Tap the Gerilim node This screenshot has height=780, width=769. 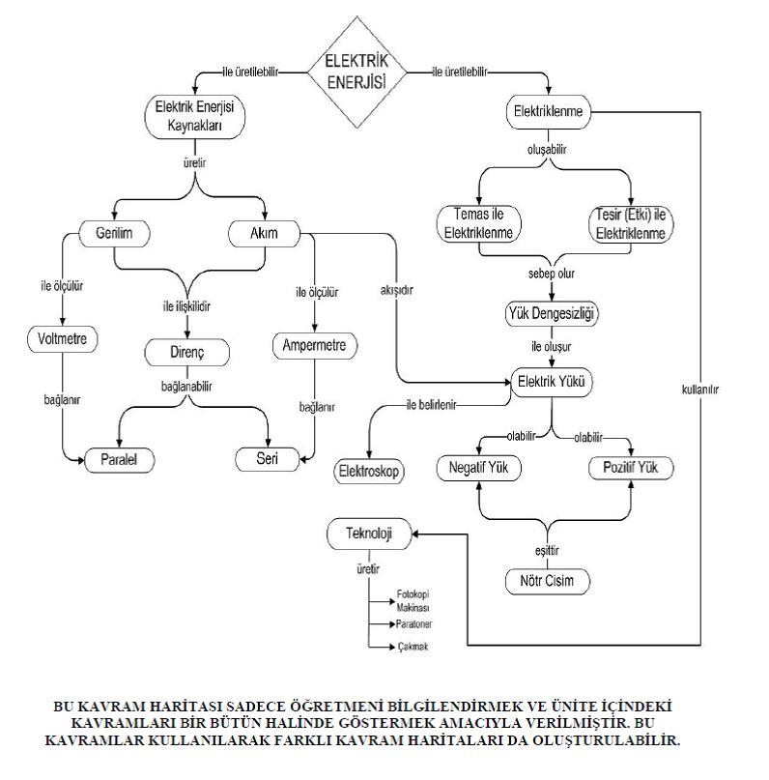tap(114, 234)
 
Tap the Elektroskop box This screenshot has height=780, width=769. tap(371, 472)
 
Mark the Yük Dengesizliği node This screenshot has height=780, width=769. tap(553, 313)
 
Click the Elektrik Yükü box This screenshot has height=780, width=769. tap(552, 381)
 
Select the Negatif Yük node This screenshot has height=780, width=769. tap(479, 468)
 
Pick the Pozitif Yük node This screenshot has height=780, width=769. tap(631, 468)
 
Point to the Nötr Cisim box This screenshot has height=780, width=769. tap(548, 581)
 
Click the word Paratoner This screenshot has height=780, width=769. tap(413, 623)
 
